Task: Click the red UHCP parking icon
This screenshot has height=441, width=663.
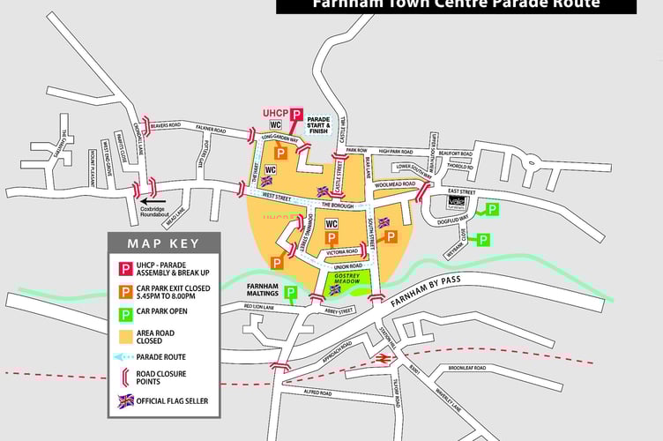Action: coord(296,115)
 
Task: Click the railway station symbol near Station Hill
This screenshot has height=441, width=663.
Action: coord(384,358)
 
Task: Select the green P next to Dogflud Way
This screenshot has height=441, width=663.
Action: coord(492,209)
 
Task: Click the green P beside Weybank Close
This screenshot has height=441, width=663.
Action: coord(482,239)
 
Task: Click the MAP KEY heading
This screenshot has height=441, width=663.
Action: coord(163,243)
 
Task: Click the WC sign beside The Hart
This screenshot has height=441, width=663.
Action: coord(272,168)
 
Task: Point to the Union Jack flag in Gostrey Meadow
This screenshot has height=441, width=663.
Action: coord(334,288)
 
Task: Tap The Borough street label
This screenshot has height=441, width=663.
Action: coord(337,205)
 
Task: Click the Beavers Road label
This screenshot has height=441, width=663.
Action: coord(164,126)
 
